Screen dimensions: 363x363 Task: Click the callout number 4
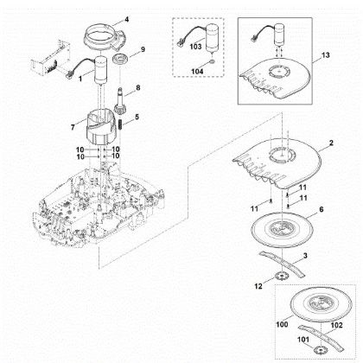(126, 20)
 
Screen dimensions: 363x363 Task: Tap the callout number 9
(143, 49)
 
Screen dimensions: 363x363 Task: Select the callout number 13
(325, 55)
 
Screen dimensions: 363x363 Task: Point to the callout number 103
(195, 46)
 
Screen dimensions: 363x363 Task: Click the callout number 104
(197, 71)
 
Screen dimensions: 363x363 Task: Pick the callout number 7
(73, 127)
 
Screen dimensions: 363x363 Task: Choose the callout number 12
(258, 286)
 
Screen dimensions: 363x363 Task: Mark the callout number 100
(282, 324)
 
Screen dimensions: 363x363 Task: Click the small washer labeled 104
(213, 62)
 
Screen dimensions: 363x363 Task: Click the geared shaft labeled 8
(120, 101)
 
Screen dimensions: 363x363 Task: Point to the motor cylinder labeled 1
(101, 70)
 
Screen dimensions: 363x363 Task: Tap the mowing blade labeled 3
(283, 264)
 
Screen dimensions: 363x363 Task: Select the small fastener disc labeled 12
(279, 277)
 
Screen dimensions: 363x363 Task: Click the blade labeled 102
(321, 338)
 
